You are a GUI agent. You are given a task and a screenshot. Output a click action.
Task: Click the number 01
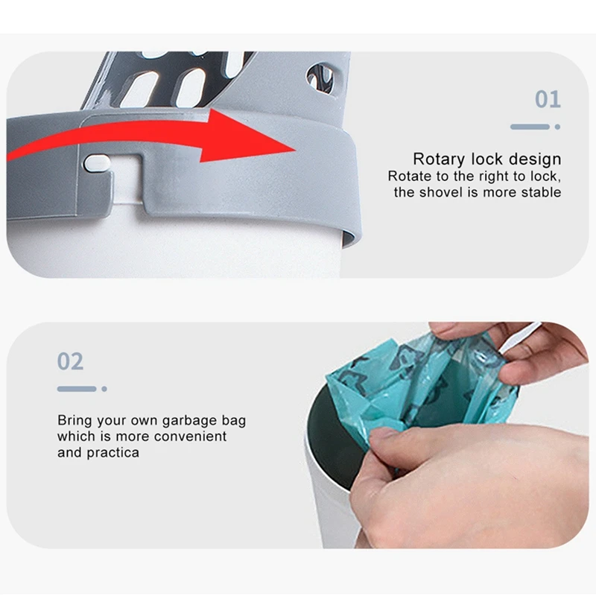[548, 99]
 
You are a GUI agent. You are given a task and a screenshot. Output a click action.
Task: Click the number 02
[70, 361]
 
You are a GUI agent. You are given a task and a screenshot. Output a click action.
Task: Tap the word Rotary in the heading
[439, 159]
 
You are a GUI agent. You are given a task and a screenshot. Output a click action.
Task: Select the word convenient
[191, 437]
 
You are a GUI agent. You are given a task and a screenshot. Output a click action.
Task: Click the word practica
[113, 453]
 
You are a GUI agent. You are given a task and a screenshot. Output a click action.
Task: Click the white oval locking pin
[98, 163]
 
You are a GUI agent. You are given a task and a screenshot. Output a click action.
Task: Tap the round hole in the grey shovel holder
[320, 77]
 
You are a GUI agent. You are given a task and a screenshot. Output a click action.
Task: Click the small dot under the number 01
[557, 127]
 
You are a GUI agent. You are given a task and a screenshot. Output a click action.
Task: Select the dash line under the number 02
[77, 389]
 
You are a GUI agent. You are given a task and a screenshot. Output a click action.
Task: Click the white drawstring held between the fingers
[520, 337]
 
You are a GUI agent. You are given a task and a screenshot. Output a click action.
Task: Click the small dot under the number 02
[104, 389]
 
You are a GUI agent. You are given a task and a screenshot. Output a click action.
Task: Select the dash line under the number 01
[530, 127]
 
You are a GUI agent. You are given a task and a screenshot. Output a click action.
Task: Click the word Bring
[74, 421]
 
